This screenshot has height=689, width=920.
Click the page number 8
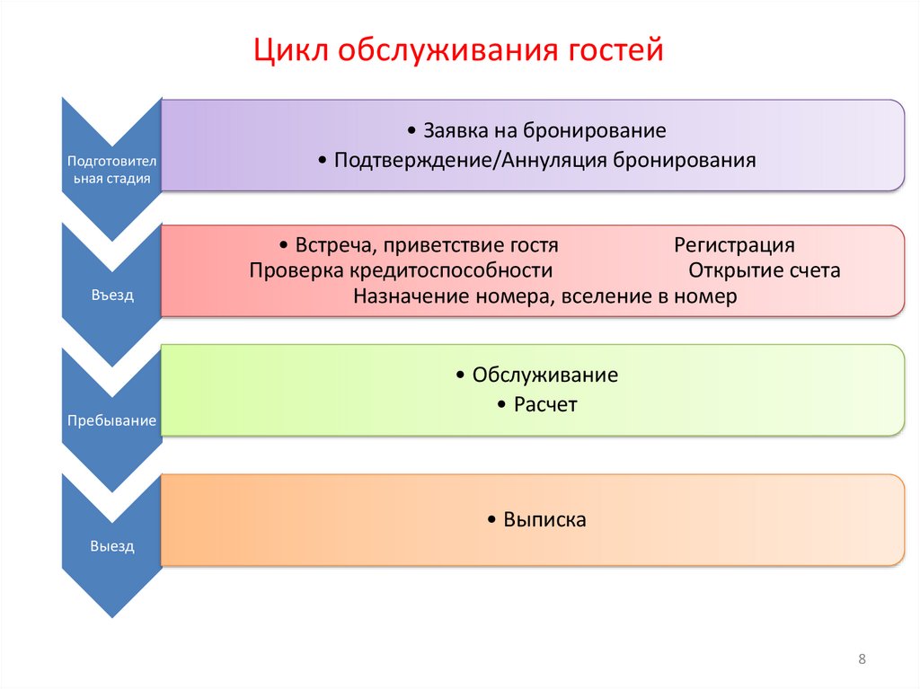click(x=862, y=660)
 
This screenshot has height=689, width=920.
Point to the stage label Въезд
click(x=112, y=295)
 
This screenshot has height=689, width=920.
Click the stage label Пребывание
click(x=112, y=420)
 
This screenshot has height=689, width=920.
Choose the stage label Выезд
click(x=112, y=545)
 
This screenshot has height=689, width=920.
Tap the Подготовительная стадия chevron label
click(x=112, y=170)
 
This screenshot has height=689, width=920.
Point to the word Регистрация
click(x=734, y=245)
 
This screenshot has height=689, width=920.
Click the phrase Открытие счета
click(x=764, y=270)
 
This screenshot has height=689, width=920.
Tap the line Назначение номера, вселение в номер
click(x=544, y=296)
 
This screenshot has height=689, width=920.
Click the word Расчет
click(x=545, y=405)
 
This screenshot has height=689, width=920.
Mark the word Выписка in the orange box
click(x=544, y=519)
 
